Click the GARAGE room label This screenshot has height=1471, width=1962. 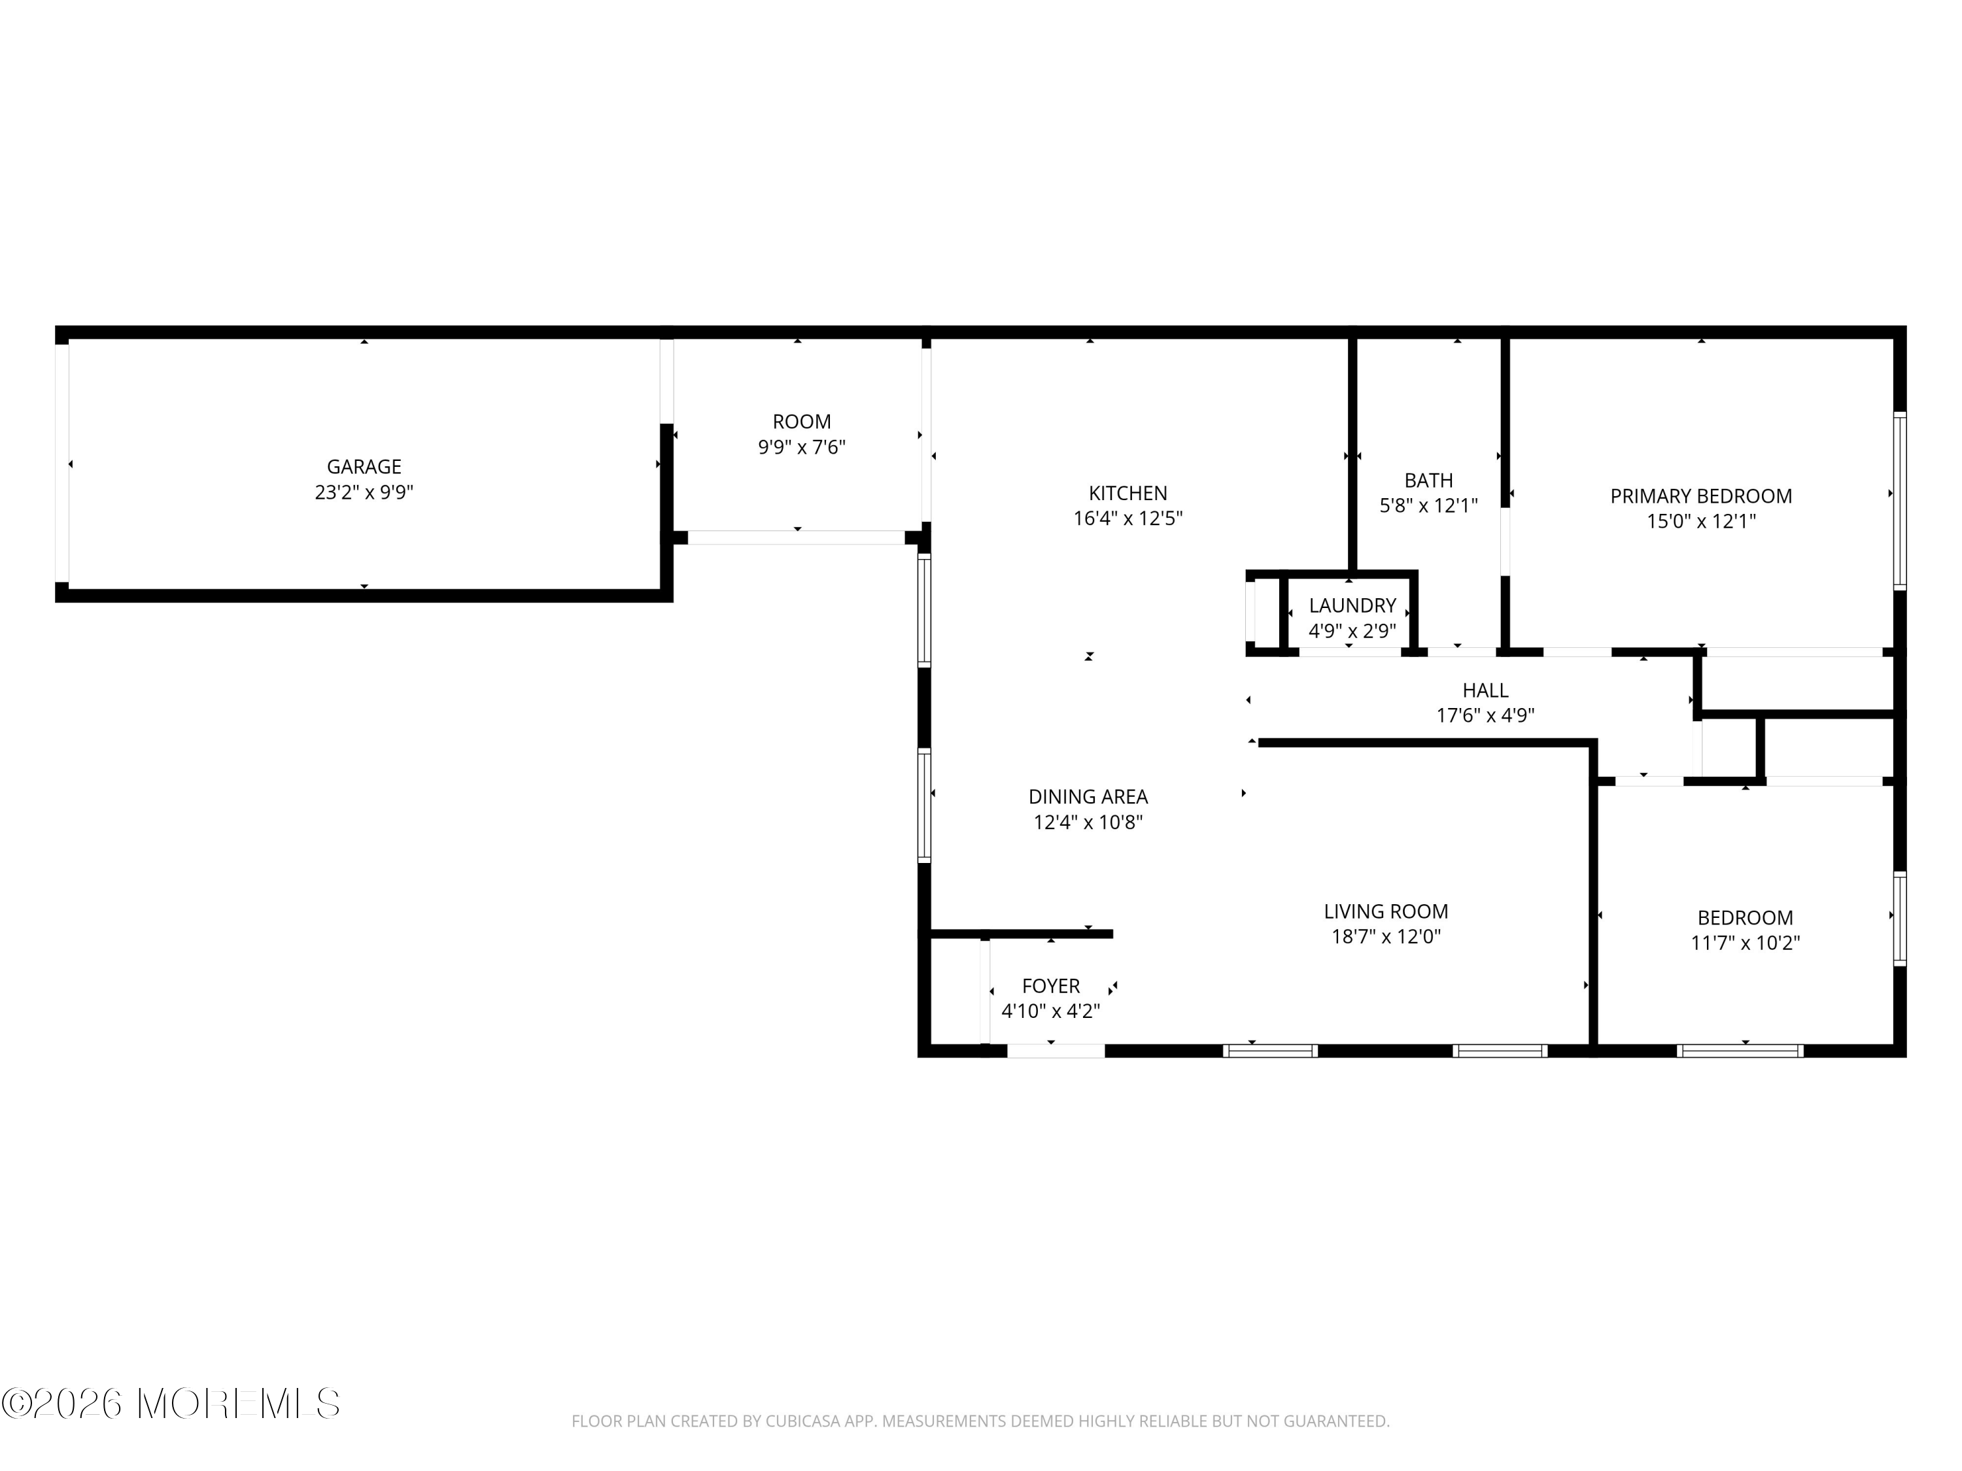point(364,466)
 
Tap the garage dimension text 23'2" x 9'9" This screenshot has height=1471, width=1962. point(364,492)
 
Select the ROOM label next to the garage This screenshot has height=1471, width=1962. point(802,422)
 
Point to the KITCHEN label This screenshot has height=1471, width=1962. point(1128,493)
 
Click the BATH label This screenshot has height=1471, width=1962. point(1429,481)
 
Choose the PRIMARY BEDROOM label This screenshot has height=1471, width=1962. point(1701,496)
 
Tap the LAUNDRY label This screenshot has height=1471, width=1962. point(1352,605)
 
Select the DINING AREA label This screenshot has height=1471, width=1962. point(1088,797)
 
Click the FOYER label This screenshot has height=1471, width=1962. point(1051,986)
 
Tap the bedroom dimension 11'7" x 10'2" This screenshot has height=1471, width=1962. point(1746,943)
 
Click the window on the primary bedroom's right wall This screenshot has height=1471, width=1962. point(1900,501)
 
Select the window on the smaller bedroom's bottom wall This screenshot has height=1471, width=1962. point(1740,1051)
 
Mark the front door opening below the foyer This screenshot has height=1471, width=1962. point(1056,1051)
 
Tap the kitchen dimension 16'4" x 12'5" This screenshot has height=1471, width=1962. point(1128,518)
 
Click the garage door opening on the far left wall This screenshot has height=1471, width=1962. point(62,463)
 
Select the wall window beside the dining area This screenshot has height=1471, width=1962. point(924,805)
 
